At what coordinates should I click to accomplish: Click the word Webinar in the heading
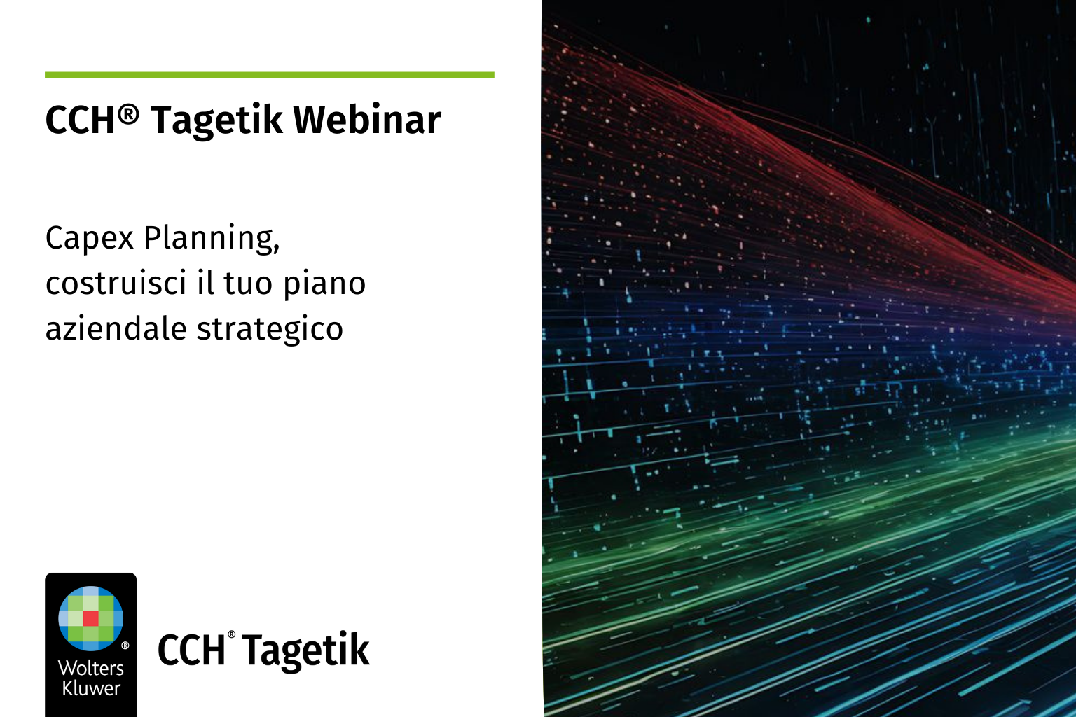pyautogui.click(x=367, y=119)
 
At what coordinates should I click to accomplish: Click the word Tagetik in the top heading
pyautogui.click(x=216, y=121)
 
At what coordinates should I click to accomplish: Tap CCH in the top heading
pyautogui.click(x=80, y=120)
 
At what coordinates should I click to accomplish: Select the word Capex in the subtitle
pyautogui.click(x=90, y=238)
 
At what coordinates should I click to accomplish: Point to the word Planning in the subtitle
pyautogui.click(x=212, y=238)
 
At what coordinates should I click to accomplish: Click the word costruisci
pyautogui.click(x=116, y=283)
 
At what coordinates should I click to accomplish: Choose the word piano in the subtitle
pyautogui.click(x=324, y=284)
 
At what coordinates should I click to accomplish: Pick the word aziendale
pyautogui.click(x=116, y=328)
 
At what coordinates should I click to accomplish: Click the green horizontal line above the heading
pyautogui.click(x=270, y=75)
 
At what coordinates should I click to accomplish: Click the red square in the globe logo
pyautogui.click(x=91, y=618)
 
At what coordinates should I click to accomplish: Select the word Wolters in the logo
pyautogui.click(x=91, y=668)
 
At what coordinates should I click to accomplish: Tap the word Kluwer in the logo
pyautogui.click(x=91, y=688)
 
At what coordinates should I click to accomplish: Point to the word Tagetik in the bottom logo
pyautogui.click(x=305, y=650)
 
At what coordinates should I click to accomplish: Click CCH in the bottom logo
pyautogui.click(x=191, y=650)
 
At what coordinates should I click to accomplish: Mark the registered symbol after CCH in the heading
pyautogui.click(x=127, y=116)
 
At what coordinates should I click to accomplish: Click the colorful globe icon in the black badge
pyautogui.click(x=91, y=618)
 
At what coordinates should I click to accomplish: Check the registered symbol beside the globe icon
pyautogui.click(x=125, y=646)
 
